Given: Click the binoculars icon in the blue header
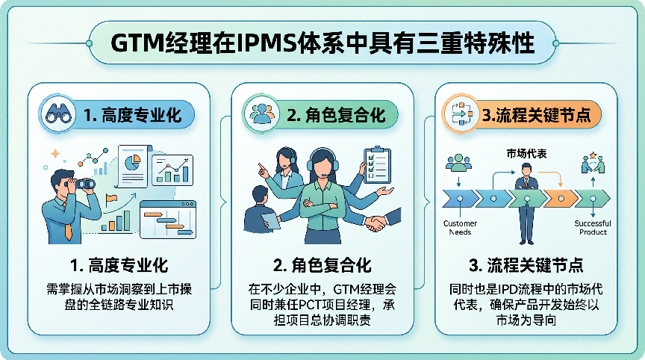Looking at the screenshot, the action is coord(58,114).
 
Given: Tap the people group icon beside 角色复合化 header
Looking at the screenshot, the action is coord(261,114).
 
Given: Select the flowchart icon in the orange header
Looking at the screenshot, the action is coord(462,114).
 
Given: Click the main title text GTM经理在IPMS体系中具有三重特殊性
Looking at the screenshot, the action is coord(322,43).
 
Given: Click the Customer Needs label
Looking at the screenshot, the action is coord(460,228).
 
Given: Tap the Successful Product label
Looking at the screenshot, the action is coord(593,228).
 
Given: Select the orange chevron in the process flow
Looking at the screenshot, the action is coord(559,199).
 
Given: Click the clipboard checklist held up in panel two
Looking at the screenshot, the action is coord(377,165).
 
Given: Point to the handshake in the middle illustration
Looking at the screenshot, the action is coord(376,223).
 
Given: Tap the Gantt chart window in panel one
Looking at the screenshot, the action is coord(168,220).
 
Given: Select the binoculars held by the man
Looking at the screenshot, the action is coord(84,184).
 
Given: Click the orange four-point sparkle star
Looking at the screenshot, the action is coord(55,154).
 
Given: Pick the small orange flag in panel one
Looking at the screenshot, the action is coord(110,199).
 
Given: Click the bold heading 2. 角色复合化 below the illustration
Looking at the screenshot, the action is coord(322,265).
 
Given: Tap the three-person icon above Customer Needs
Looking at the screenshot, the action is coord(458,163).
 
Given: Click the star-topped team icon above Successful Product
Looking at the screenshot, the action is coord(593,163).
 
